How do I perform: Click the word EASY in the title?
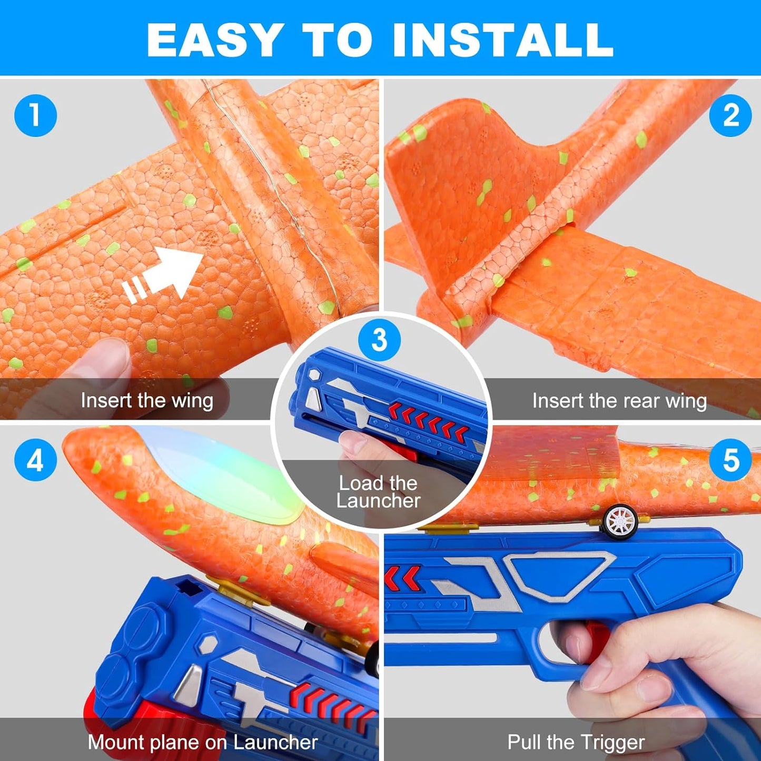tap(213, 40)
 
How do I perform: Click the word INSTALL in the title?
tap(503, 40)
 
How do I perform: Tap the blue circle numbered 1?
tap(35, 115)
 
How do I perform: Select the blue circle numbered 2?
tap(730, 115)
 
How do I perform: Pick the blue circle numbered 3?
tap(379, 340)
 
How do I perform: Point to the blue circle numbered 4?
tap(35, 461)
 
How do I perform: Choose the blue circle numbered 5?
tap(730, 460)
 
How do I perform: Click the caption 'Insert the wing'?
tap(147, 401)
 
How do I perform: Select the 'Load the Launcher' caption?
tap(378, 492)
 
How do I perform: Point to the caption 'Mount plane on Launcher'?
tap(202, 742)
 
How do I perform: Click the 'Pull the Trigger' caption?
tap(576, 742)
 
